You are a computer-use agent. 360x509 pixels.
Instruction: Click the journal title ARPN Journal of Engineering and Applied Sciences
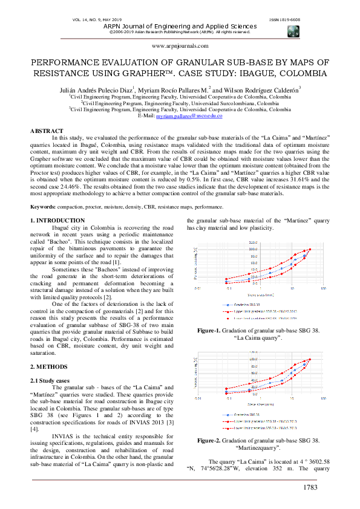[180, 25]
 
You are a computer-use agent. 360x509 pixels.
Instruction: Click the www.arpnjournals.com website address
[180, 45]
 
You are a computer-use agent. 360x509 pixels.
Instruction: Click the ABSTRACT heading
[47, 131]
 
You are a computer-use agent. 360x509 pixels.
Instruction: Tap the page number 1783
[310, 487]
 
